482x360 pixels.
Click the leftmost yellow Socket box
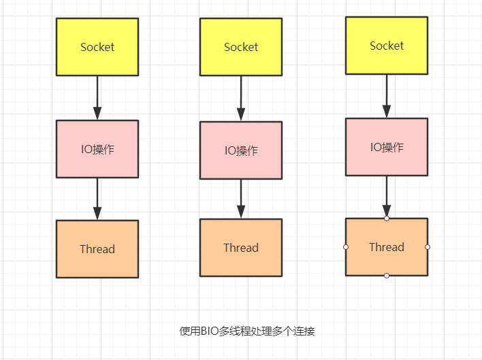pos(97,47)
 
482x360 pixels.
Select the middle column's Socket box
pos(241,47)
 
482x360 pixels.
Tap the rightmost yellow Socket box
pos(387,46)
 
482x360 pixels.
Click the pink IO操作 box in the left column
pos(97,149)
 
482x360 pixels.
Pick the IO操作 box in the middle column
pos(241,150)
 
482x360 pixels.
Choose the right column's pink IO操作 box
pos(387,147)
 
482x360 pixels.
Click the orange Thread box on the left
pos(97,249)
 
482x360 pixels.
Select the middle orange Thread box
pos(241,248)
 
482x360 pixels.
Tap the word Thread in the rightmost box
pos(387,247)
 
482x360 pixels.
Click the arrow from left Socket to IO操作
pos(97,98)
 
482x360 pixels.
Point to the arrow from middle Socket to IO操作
pos(241,99)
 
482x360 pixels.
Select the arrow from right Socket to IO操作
pos(387,96)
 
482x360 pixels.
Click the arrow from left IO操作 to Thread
pos(97,199)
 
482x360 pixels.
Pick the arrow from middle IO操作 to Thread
pos(241,199)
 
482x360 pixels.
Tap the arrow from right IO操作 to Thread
pos(387,197)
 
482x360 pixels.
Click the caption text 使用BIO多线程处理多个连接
pos(247,331)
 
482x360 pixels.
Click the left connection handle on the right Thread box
pos(346,247)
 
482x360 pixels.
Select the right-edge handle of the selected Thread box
pos(428,247)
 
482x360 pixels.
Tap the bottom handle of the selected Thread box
pos(387,276)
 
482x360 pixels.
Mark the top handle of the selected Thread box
pos(387,218)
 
